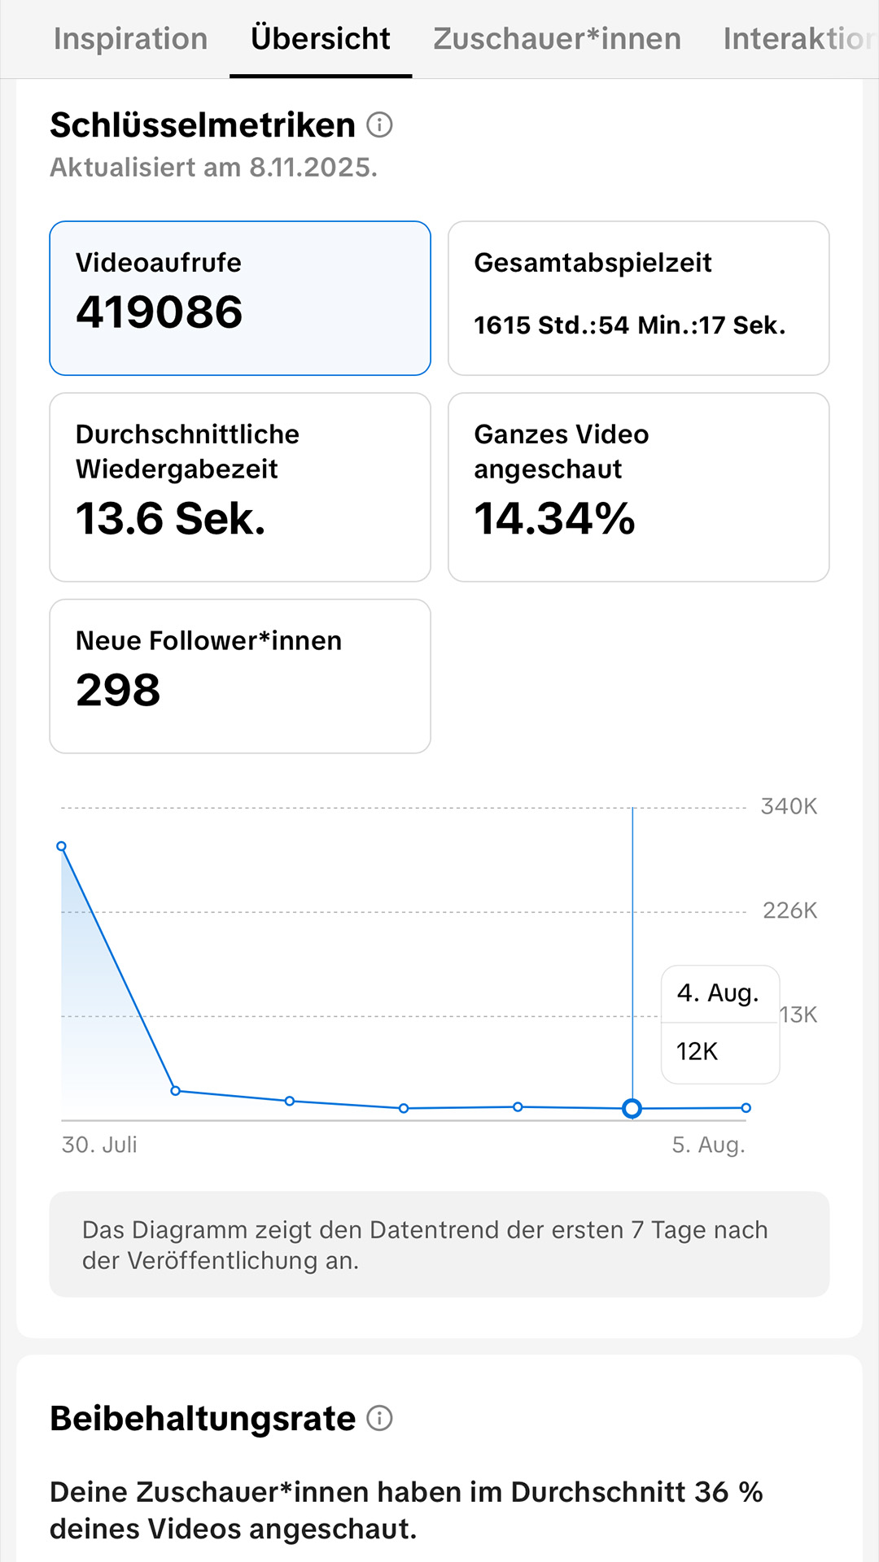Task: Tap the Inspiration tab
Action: click(x=130, y=38)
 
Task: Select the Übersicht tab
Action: click(x=321, y=38)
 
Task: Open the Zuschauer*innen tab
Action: click(x=557, y=38)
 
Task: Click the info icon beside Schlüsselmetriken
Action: click(x=379, y=124)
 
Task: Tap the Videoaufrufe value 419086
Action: click(x=160, y=312)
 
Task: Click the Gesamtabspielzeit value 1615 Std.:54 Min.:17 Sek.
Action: click(x=630, y=325)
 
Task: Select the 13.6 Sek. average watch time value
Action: click(x=171, y=518)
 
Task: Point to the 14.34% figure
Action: click(x=554, y=518)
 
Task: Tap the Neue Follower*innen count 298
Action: click(x=118, y=690)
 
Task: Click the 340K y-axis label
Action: click(x=789, y=806)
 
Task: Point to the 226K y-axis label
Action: click(x=789, y=910)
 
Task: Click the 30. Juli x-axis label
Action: click(x=99, y=1145)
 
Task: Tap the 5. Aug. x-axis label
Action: click(x=708, y=1145)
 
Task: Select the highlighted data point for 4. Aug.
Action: click(x=632, y=1108)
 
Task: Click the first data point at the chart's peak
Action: click(x=62, y=847)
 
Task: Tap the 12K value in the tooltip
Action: click(x=697, y=1051)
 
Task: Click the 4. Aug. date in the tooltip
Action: click(x=718, y=993)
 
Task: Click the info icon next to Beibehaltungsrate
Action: click(x=379, y=1418)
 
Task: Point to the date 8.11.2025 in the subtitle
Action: click(x=313, y=167)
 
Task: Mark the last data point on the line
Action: click(x=746, y=1107)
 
